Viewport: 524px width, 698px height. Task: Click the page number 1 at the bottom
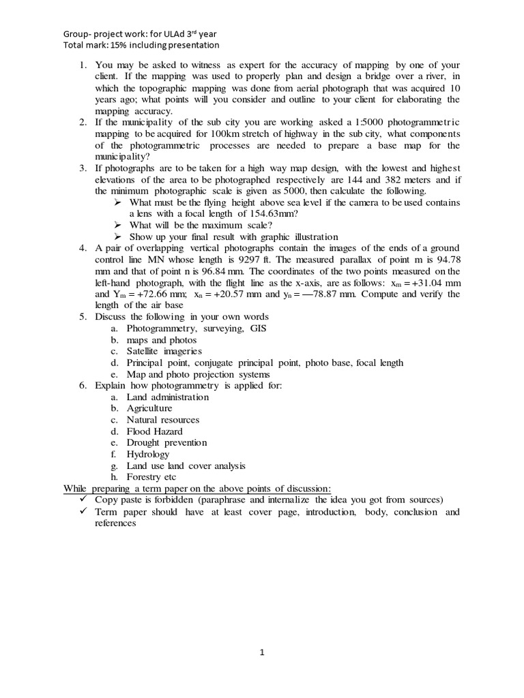pos(262,652)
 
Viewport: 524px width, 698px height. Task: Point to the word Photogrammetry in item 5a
pos(157,329)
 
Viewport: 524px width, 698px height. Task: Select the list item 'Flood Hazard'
pos(154,431)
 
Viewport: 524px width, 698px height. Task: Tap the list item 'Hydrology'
pos(147,454)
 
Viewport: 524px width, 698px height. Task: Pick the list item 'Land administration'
pos(168,397)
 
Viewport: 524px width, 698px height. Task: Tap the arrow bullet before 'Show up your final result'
pos(117,236)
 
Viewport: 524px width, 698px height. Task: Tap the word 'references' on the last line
pos(115,523)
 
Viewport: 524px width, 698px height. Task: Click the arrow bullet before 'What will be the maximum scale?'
pos(117,225)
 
